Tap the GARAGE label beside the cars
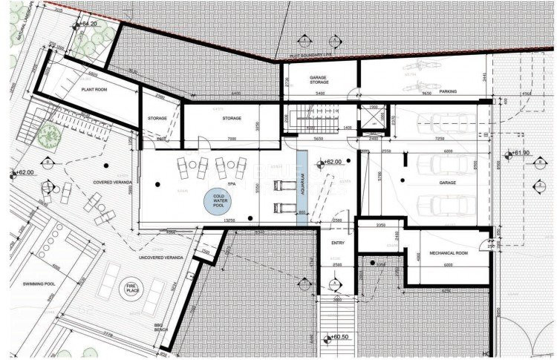pos(447,181)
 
